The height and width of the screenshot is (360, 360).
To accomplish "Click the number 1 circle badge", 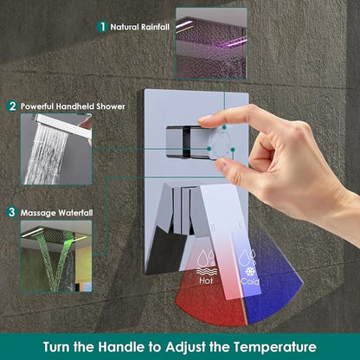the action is (102, 27).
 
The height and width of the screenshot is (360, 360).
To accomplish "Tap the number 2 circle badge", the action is (12, 106).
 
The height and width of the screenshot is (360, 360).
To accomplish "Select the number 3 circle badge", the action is (11, 213).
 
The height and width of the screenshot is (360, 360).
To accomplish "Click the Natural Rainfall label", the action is (140, 27).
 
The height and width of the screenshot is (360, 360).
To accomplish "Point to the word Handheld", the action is (75, 106).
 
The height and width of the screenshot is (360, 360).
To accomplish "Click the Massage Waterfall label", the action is (56, 213).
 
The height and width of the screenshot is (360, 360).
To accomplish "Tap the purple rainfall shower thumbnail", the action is (211, 43).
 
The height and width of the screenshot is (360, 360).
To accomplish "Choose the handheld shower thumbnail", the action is (56, 149).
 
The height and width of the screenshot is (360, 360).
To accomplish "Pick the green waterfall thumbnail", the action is (56, 256).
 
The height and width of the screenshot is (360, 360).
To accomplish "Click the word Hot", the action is (206, 280).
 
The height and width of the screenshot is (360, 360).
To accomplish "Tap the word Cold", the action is (250, 281).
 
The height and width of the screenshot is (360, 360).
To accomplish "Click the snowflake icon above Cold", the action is (249, 272).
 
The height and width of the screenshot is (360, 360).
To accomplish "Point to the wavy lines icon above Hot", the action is (207, 272).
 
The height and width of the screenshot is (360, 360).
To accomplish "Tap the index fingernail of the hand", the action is (206, 118).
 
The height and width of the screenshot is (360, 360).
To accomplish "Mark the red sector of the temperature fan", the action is (210, 303).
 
